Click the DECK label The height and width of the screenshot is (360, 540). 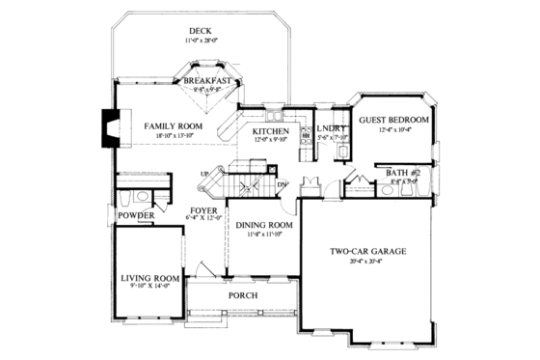200,31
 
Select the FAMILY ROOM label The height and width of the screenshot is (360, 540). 174,126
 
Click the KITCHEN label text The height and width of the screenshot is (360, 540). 271,130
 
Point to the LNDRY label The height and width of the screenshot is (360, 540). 331,127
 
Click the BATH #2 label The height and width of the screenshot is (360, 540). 400,173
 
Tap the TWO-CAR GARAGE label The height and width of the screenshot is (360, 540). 366,252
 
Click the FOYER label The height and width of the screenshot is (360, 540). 203,208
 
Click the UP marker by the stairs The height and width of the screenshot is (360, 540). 204,174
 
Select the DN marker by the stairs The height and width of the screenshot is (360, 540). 282,185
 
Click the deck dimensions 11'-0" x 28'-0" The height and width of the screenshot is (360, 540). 201,42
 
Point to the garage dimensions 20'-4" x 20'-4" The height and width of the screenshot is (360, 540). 367,262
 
